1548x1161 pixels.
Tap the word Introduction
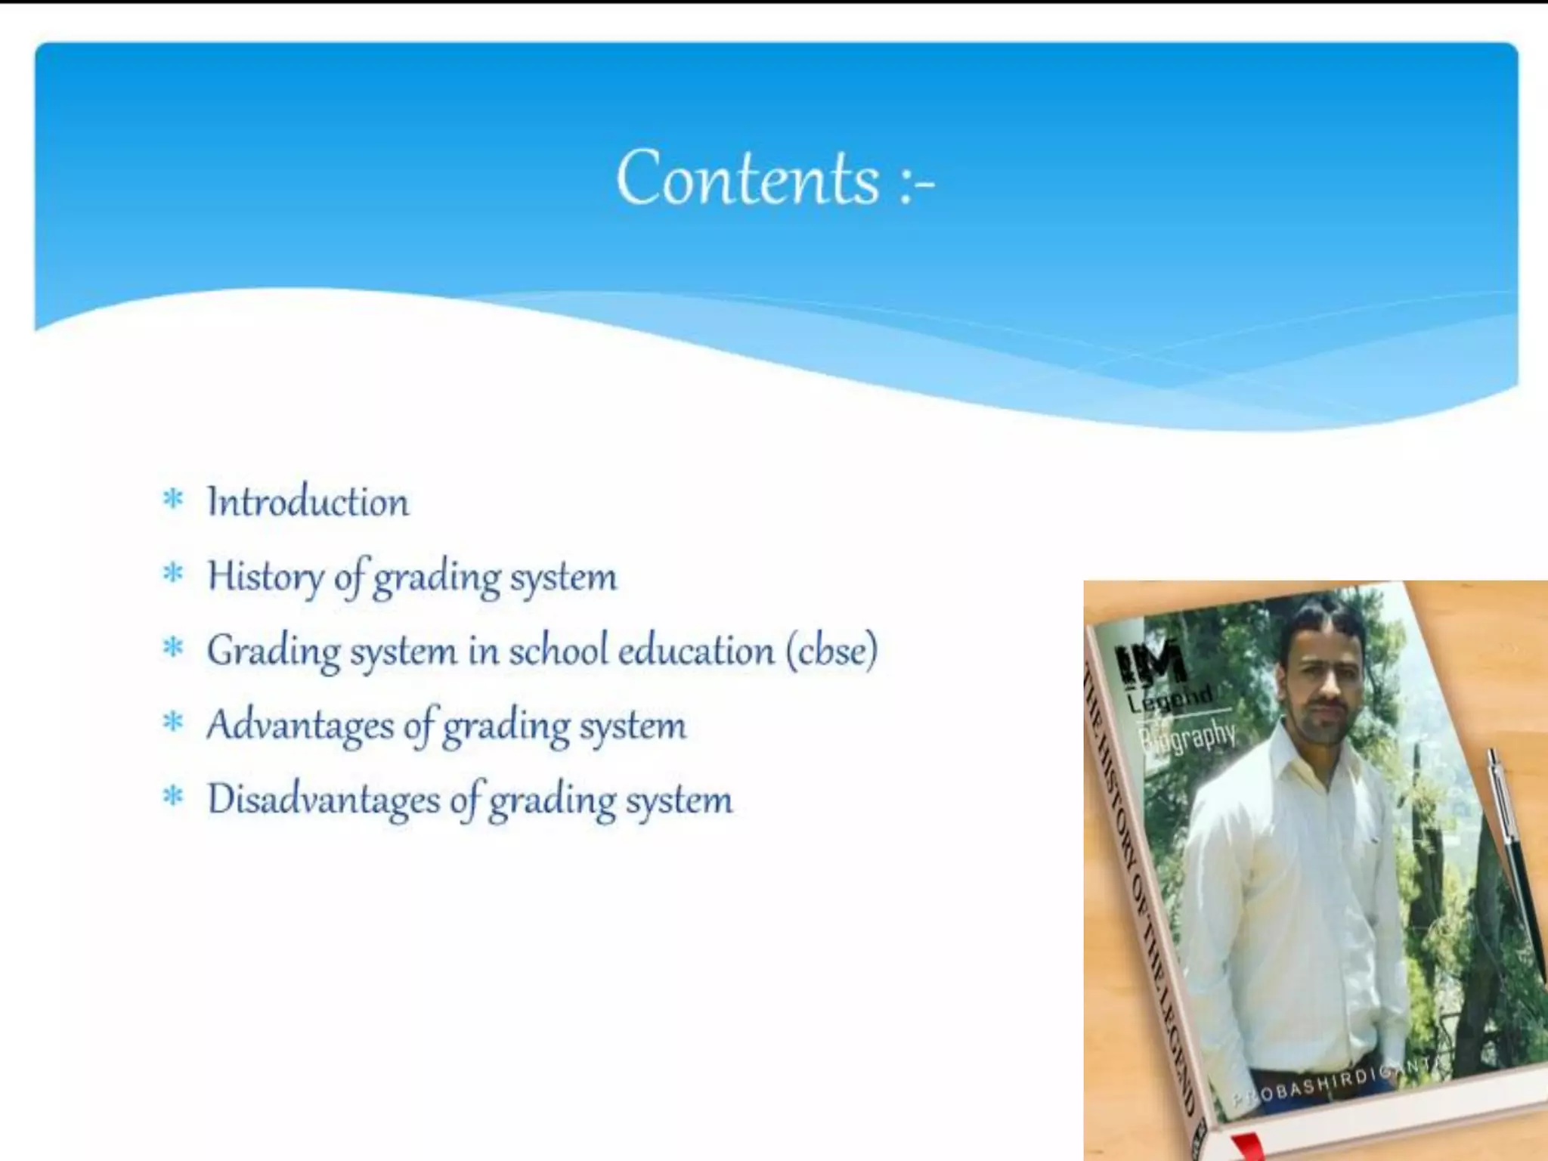pos(308,502)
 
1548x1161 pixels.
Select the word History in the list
pos(265,577)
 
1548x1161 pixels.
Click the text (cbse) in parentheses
pos(831,651)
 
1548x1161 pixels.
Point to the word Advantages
pos(299,726)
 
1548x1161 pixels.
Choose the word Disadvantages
pos(324,800)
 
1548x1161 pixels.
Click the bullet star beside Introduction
pos(173,500)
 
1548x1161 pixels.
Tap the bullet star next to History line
pos(173,574)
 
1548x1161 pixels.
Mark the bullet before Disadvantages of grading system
pos(173,797)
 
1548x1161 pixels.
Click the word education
pos(696,651)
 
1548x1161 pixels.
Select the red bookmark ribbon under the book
pos(1247,1147)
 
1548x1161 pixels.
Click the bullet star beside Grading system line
pos(173,648)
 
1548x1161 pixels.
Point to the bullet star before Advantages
pos(173,723)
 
